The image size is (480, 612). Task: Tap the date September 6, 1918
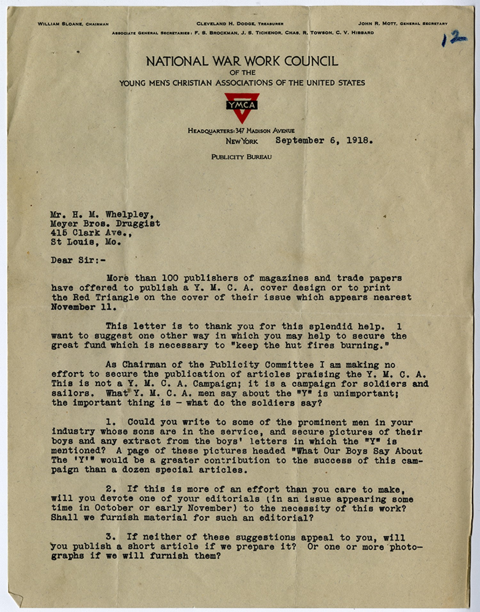(324, 140)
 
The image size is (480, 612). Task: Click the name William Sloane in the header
(60, 24)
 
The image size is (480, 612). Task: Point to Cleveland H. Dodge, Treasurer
(240, 23)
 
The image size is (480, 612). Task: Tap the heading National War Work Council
(242, 61)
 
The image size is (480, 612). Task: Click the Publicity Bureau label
(241, 157)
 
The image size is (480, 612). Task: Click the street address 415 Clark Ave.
(91, 233)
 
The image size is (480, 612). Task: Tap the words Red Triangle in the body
(106, 297)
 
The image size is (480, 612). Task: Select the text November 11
(83, 307)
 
